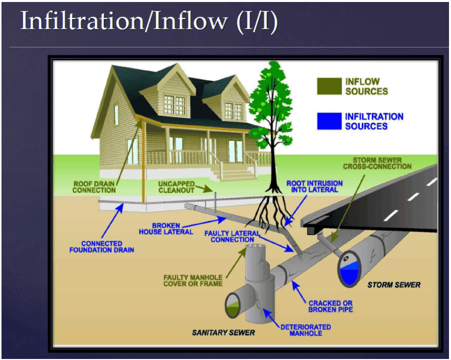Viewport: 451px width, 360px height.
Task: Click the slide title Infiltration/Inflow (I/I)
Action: (148, 22)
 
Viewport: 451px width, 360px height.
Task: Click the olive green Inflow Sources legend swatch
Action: (329, 86)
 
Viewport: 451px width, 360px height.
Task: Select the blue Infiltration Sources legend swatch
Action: (329, 121)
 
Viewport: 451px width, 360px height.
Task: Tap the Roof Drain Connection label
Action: (94, 187)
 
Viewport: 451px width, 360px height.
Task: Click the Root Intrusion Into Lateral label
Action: (315, 187)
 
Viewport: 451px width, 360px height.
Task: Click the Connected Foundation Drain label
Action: (102, 246)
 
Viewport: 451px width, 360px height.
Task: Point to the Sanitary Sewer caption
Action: (224, 332)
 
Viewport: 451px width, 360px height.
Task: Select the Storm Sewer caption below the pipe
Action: (394, 285)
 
